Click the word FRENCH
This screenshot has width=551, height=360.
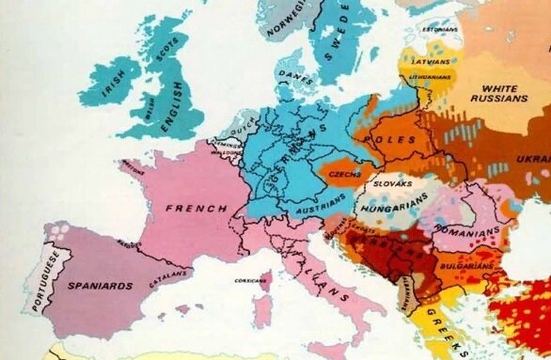click(x=196, y=207)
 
